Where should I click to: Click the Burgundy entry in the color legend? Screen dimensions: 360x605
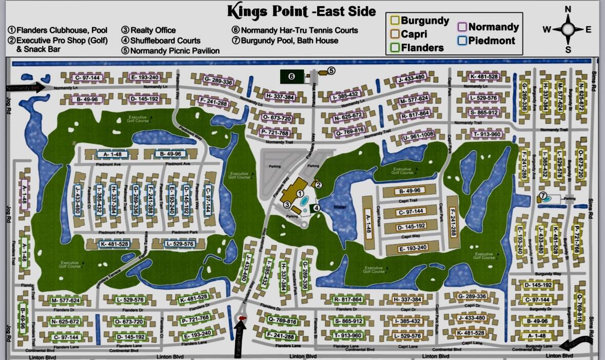pos(420,21)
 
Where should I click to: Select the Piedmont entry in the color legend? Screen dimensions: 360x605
pos(486,41)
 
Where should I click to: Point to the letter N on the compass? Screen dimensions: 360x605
pos(568,9)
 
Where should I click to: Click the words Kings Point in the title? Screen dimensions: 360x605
pos(267,11)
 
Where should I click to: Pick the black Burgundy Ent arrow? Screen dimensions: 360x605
pos(574,343)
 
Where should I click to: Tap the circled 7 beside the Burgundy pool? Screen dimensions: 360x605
pos(543,195)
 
